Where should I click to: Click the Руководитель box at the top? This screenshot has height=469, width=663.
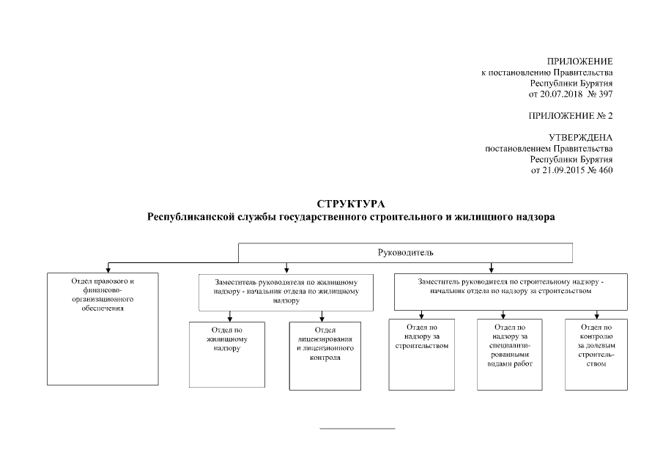pyautogui.click(x=405, y=253)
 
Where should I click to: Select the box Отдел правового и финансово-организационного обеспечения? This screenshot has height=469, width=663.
pyautogui.click(x=103, y=328)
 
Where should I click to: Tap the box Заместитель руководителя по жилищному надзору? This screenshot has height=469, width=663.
pyautogui.click(x=286, y=292)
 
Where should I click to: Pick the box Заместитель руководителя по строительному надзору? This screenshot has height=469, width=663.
pyautogui.click(x=511, y=292)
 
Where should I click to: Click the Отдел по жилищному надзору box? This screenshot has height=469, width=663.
pyautogui.click(x=227, y=354)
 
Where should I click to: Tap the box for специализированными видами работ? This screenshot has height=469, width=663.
pyautogui.click(x=509, y=354)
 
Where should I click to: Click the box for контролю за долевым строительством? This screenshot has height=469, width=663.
pyautogui.click(x=596, y=354)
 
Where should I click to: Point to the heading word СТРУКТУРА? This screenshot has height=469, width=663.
pyautogui.click(x=351, y=203)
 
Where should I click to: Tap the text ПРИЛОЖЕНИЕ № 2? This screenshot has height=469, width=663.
pyautogui.click(x=570, y=116)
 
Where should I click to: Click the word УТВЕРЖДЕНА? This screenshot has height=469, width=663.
pyautogui.click(x=580, y=137)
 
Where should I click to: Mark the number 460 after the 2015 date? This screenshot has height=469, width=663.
pyautogui.click(x=605, y=170)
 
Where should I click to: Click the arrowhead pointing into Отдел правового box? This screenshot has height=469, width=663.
pyautogui.click(x=108, y=270)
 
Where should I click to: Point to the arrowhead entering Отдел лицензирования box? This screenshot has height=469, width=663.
pyautogui.click(x=323, y=318)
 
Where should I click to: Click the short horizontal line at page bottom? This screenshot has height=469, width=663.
pyautogui.click(x=358, y=427)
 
